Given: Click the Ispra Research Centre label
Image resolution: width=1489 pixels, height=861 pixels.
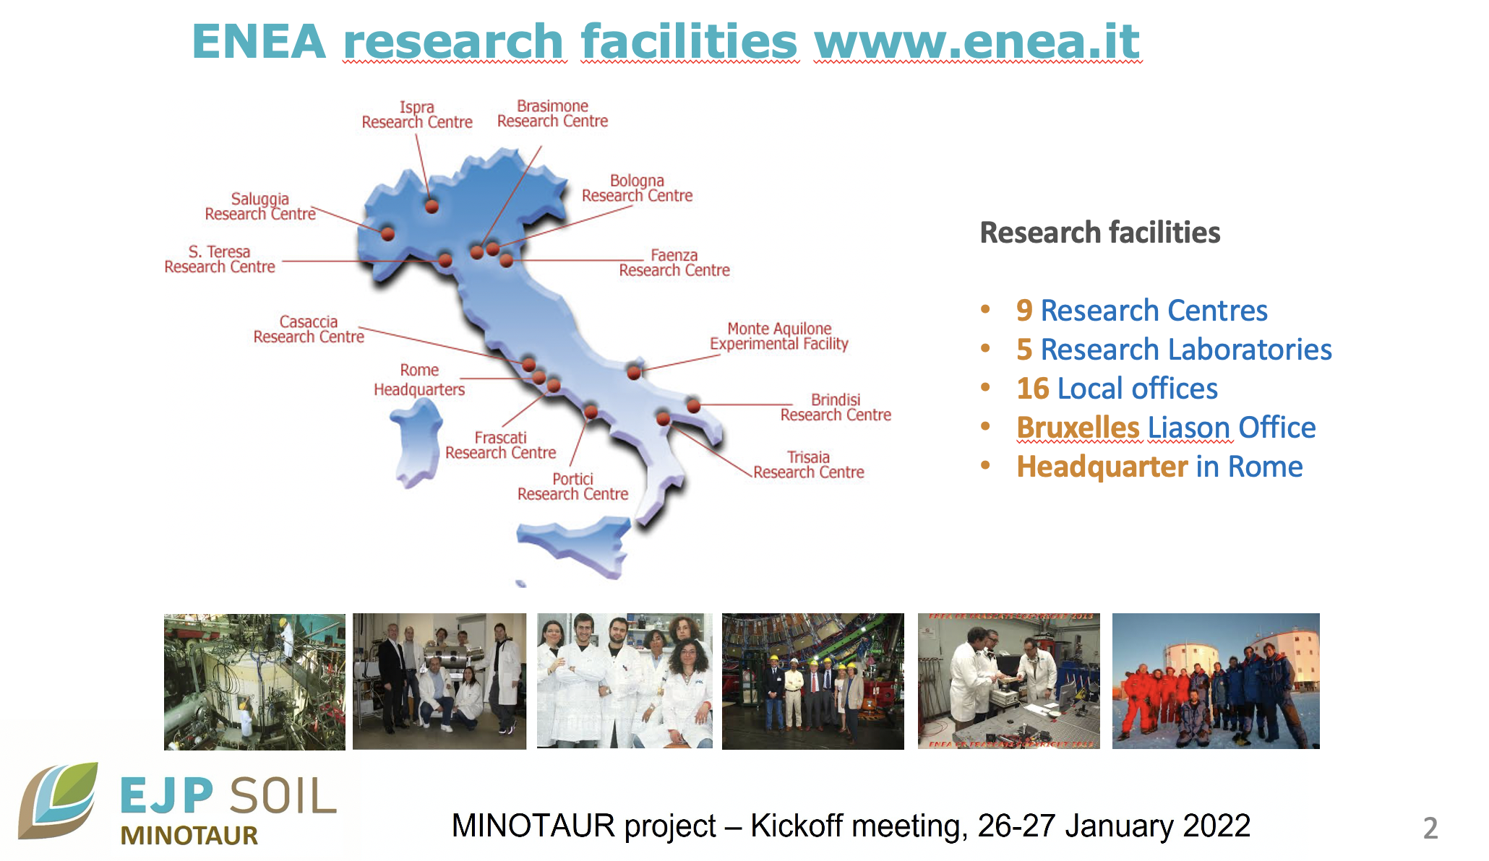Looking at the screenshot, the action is (x=417, y=115).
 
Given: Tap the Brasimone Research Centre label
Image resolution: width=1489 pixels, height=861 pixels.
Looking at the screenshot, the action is (x=552, y=113).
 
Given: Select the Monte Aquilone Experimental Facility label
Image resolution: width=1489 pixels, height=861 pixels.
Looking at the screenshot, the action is (x=778, y=337).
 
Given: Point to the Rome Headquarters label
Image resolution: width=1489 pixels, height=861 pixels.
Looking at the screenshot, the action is (x=419, y=380).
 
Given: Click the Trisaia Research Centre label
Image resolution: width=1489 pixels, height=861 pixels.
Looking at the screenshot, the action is (x=808, y=465).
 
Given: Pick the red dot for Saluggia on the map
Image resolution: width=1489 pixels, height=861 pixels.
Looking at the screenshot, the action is (x=387, y=233).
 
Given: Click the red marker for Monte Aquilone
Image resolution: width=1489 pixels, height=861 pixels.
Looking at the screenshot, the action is (x=634, y=373).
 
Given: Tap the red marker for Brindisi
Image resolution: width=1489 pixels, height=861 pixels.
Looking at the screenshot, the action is (x=693, y=405).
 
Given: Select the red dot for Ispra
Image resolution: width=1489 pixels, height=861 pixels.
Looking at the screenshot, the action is (x=432, y=207).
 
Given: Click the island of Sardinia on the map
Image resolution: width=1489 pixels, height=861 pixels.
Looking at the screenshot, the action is (x=417, y=442).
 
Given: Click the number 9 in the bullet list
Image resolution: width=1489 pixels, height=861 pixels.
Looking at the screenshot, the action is (x=1024, y=311).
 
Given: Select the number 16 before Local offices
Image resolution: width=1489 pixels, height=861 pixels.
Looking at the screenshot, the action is (x=1032, y=389).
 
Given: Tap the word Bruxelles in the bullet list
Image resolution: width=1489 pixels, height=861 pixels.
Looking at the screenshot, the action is (x=1078, y=428).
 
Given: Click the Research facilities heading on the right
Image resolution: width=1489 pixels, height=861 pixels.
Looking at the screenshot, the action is (x=1099, y=233).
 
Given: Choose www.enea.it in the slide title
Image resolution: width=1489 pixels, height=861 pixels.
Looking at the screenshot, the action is (x=977, y=41).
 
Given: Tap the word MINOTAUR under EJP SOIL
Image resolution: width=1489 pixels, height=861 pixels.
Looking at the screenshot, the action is (x=189, y=836).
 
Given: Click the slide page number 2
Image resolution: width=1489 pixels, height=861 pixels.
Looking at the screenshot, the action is (x=1430, y=828).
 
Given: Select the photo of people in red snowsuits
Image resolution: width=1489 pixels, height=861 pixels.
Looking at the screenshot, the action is (x=1216, y=680).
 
